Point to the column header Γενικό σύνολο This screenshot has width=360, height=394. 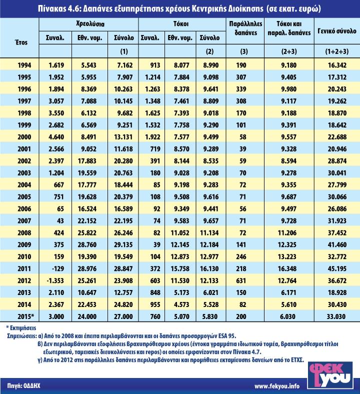[x=336, y=31]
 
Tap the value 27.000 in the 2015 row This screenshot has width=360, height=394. [x=121, y=316]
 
